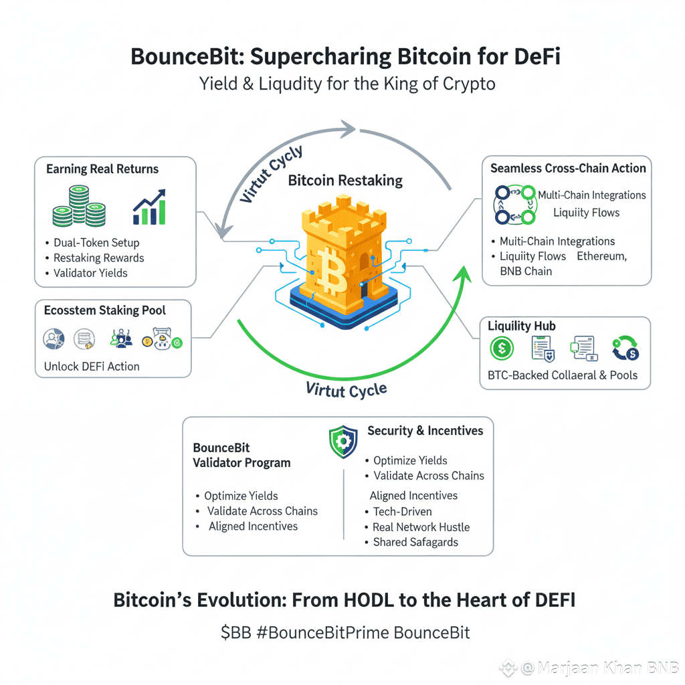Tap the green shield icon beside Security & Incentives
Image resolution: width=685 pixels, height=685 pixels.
343,442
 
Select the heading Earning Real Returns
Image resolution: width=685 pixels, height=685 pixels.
102,169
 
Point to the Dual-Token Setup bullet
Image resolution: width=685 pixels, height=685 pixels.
96,243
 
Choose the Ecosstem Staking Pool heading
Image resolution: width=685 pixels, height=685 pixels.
105,310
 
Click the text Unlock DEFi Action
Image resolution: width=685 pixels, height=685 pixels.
92,367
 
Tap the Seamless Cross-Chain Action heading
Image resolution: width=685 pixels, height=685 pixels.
568,168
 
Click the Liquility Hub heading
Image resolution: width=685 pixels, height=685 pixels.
522,326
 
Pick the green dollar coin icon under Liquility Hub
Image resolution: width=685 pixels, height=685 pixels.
502,349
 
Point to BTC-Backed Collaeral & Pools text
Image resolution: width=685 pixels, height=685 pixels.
563,375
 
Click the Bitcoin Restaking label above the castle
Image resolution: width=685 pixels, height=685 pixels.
345,181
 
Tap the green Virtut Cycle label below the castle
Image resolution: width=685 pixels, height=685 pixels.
346,389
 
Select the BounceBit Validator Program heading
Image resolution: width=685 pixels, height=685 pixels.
241,455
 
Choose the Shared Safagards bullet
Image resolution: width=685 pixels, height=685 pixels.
415,543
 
